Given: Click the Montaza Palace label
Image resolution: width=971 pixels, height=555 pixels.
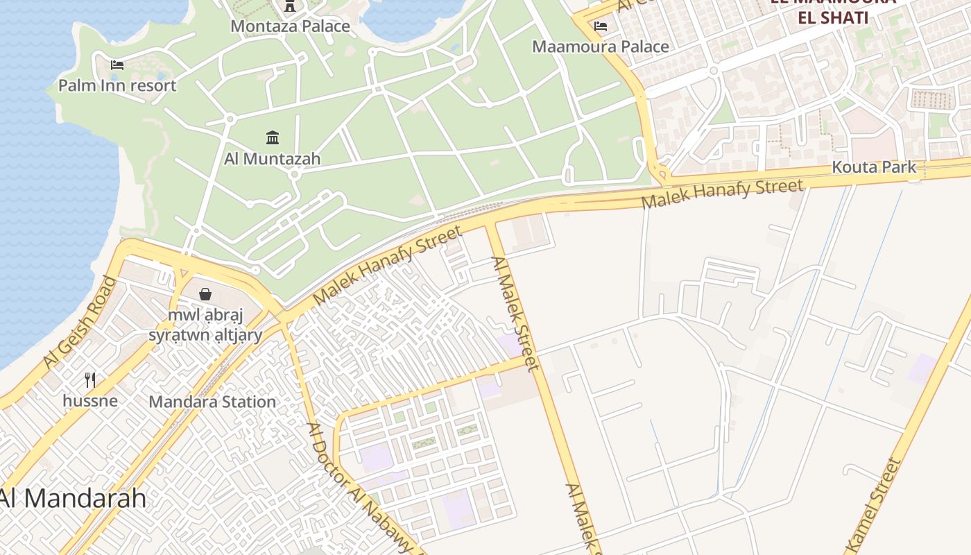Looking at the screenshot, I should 290,26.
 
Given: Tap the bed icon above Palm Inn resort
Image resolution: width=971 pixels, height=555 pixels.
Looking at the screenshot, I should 117,65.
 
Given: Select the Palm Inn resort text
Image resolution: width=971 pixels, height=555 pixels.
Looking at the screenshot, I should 117,85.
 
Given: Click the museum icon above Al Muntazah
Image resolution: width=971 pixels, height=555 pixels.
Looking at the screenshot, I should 273,137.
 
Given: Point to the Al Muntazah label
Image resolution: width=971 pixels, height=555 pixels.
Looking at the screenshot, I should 273,158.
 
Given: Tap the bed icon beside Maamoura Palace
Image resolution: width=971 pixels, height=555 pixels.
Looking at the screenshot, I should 601,26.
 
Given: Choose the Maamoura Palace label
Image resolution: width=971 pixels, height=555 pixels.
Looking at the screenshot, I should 601,46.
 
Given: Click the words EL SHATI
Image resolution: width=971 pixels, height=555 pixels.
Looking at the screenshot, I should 833,17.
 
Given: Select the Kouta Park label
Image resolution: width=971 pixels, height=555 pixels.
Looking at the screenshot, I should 874,167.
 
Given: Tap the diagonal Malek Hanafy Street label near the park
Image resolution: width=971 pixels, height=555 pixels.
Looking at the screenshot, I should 387,264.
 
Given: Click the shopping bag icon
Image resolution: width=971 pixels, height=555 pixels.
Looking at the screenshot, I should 205,294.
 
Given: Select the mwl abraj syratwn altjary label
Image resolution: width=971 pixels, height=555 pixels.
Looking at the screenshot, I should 205,325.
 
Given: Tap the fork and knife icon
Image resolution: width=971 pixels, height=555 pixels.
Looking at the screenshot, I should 90,379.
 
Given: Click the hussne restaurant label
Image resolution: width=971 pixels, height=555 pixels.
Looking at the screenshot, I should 90,400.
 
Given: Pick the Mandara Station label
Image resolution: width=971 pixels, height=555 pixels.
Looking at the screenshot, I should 212,402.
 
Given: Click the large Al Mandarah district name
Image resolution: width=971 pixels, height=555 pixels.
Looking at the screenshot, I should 73,498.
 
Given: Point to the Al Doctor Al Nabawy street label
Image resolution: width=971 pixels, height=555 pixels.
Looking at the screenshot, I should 361,486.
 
